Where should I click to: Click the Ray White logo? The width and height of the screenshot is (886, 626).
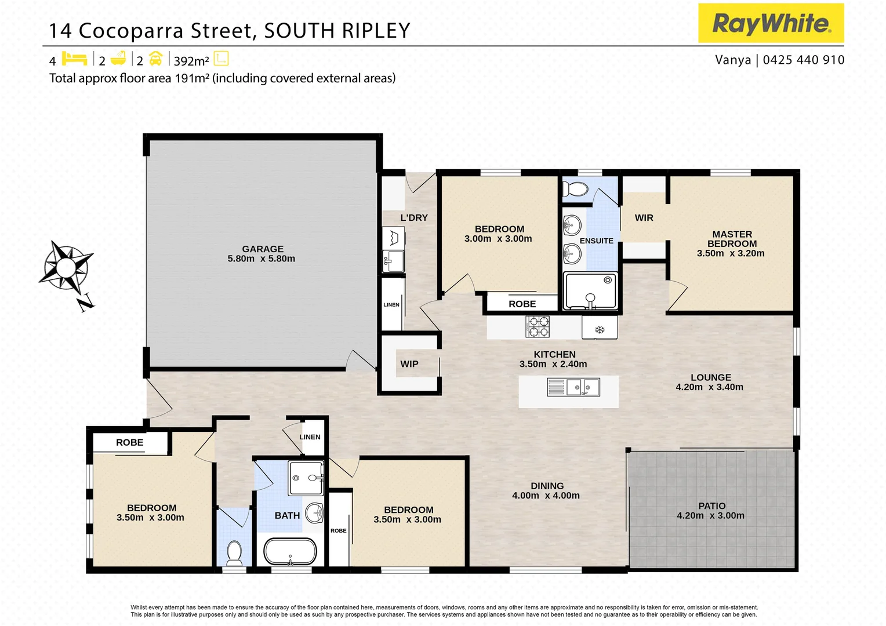click(x=771, y=23)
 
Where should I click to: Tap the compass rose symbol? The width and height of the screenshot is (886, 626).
click(x=66, y=267)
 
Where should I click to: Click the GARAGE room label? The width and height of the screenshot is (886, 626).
click(x=263, y=249)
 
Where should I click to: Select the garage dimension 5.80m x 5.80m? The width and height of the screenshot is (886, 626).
click(x=261, y=259)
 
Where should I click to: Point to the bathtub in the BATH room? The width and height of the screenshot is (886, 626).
click(x=290, y=552)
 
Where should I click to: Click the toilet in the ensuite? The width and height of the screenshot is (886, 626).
click(x=575, y=189)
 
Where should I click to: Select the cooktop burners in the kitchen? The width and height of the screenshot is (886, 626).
click(x=538, y=326)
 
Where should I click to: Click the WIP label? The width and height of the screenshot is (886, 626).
click(x=409, y=364)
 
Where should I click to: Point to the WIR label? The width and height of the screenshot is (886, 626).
click(x=644, y=218)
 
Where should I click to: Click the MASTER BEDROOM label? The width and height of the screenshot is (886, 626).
click(x=732, y=239)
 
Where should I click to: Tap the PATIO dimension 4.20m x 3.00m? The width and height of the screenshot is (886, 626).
click(x=710, y=515)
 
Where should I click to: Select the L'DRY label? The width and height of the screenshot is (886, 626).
click(x=414, y=218)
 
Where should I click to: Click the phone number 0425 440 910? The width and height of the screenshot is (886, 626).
click(x=803, y=60)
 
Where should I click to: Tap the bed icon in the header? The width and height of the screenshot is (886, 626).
click(x=74, y=59)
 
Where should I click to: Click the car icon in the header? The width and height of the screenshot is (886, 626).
click(x=155, y=59)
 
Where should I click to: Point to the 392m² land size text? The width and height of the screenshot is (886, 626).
click(x=191, y=61)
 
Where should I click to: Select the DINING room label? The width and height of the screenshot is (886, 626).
click(x=547, y=486)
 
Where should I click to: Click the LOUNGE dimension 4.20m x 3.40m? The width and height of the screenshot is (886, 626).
click(x=709, y=387)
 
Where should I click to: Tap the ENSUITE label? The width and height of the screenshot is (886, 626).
click(x=596, y=241)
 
